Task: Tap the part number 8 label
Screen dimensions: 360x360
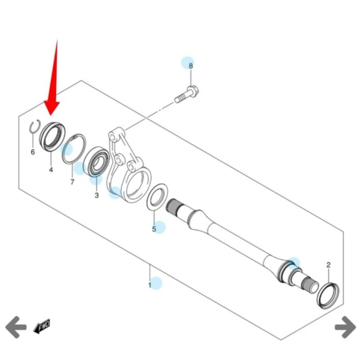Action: tap(190, 66)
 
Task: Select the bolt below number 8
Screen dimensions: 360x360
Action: tap(189, 94)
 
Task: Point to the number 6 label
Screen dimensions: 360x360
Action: tap(32, 152)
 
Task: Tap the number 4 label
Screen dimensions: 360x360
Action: tap(51, 170)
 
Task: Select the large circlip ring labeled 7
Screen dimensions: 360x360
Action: tap(74, 148)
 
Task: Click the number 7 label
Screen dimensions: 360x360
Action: tap(72, 182)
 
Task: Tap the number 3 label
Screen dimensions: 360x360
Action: tap(96, 195)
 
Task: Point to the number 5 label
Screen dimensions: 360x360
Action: tap(154, 229)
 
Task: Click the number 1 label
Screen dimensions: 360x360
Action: tap(150, 285)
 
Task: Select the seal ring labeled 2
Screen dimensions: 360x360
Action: tap(328, 295)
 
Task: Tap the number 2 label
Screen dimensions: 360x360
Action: tap(328, 265)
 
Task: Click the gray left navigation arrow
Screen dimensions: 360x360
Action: tap(16, 326)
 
